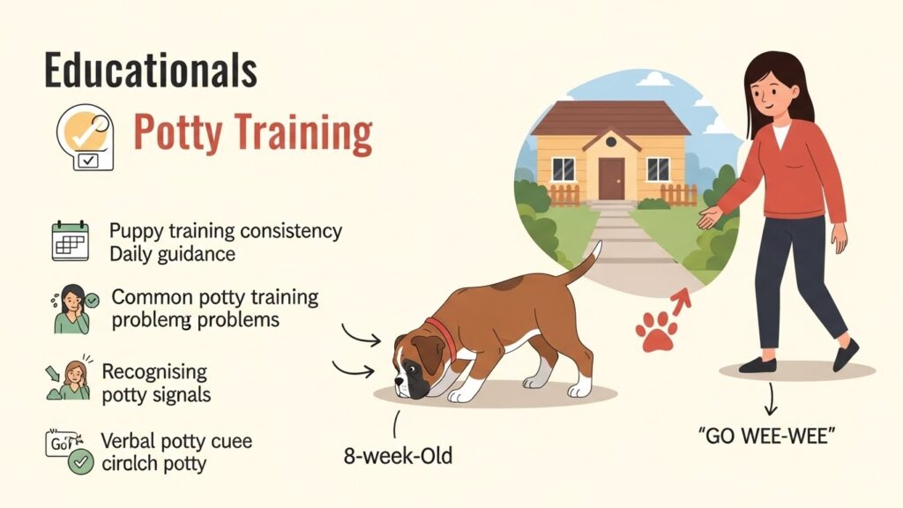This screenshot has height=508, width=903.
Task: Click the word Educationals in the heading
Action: [150, 71]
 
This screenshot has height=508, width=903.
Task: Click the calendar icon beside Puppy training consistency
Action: [70, 240]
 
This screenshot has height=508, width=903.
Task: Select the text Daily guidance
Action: [173, 254]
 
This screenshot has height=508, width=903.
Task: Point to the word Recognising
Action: [154, 370]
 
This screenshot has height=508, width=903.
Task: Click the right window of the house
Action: [658, 168]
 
